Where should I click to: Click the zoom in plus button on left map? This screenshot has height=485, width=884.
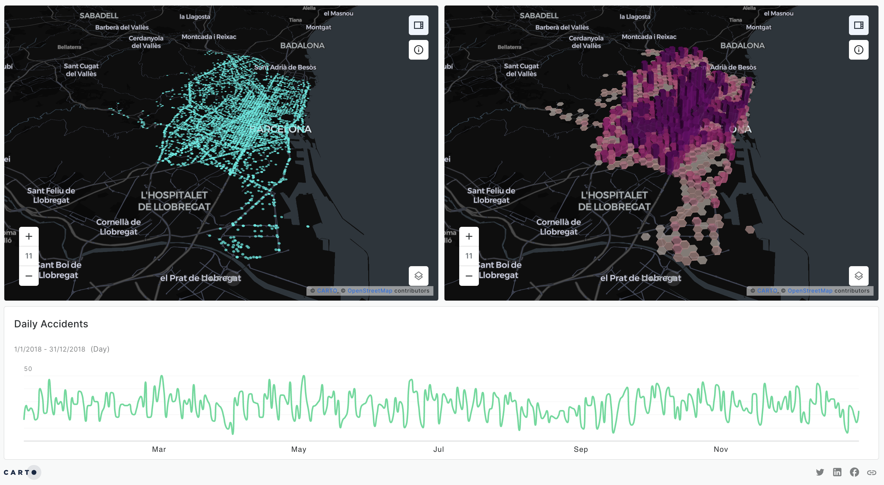[29, 236]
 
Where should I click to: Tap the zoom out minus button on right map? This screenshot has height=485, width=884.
[469, 276]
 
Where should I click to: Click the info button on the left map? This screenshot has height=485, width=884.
[418, 50]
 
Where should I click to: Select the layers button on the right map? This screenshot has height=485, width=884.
[858, 276]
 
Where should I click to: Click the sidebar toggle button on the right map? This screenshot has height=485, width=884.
[858, 25]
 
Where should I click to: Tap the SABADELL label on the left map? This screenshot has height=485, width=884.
[99, 15]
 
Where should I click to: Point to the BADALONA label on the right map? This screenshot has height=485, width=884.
[742, 45]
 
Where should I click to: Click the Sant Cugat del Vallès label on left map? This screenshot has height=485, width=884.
[81, 70]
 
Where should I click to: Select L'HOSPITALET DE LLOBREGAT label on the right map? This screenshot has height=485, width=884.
[614, 201]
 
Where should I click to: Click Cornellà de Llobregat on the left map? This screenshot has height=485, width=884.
[118, 227]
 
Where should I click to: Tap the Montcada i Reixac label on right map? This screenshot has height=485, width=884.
[649, 37]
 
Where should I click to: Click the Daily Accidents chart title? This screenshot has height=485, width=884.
[51, 324]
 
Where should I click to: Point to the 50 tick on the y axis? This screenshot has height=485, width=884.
[28, 369]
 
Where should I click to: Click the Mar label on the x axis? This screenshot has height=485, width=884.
[159, 449]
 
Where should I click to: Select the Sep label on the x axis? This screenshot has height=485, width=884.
[581, 449]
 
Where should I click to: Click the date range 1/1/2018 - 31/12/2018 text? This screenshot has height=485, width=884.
[50, 349]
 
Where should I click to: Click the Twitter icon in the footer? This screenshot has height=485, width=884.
[820, 472]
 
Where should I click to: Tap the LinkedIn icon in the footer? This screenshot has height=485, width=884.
[837, 472]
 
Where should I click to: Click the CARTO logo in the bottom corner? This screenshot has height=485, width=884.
[20, 472]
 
